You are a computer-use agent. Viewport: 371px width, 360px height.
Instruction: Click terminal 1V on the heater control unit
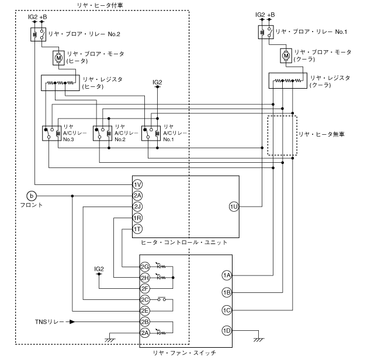[x=137, y=184]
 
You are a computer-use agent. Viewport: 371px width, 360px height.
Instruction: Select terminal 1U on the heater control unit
[x=234, y=207]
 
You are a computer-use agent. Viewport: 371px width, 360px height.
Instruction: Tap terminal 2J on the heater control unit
[x=137, y=207]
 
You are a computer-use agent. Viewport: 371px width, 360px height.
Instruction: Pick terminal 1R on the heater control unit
[x=137, y=218]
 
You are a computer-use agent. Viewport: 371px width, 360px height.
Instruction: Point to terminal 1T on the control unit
[x=137, y=229]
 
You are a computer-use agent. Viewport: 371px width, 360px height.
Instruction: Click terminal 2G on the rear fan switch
[x=145, y=267]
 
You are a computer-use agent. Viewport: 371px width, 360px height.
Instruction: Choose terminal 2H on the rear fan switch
[x=145, y=278]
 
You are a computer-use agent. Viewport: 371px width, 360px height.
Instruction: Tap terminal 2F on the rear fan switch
[x=145, y=288]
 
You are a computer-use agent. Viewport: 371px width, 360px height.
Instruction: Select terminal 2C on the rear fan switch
[x=145, y=299]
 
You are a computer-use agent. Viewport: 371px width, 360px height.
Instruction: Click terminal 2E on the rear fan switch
[x=145, y=310]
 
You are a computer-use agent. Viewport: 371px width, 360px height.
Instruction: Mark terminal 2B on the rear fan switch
[x=145, y=321]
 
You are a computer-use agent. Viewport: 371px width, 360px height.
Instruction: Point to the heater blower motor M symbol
[x=60, y=57]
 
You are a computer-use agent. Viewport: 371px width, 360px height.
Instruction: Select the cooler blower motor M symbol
[x=286, y=56]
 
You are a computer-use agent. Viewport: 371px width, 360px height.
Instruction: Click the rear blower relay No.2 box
[x=37, y=34]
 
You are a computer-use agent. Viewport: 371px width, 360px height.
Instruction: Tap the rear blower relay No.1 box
[x=264, y=31]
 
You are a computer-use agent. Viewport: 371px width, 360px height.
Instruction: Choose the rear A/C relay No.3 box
[x=50, y=133]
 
